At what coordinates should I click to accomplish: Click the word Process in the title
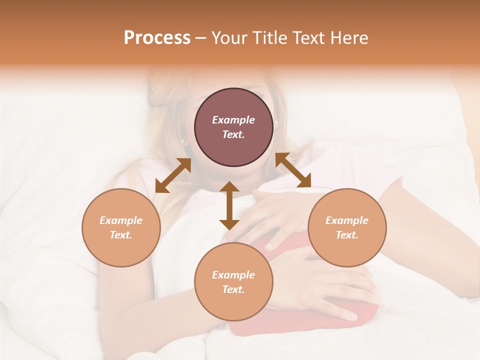click(157, 38)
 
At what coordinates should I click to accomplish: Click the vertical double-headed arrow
click(229, 205)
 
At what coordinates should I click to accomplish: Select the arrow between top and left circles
click(173, 175)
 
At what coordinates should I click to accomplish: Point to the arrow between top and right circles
click(293, 170)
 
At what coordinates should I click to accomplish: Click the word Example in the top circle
click(233, 120)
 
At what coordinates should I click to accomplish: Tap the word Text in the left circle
click(121, 235)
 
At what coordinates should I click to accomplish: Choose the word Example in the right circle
click(347, 220)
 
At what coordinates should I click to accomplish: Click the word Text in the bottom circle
click(233, 289)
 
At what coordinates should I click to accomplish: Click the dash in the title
click(200, 38)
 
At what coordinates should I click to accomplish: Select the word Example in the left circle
click(121, 220)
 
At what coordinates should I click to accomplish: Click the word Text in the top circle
click(233, 134)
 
